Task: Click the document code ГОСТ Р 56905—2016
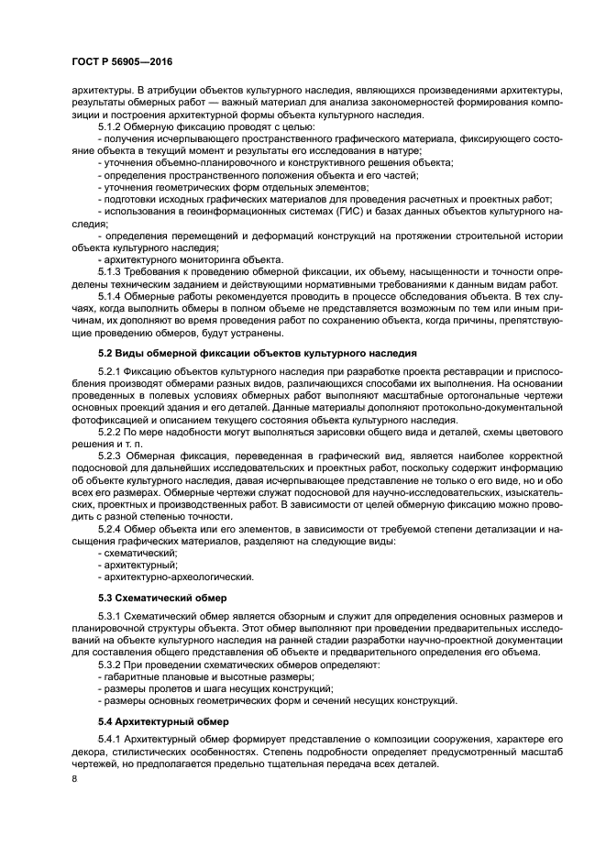[x=121, y=61]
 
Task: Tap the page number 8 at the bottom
[x=76, y=779]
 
